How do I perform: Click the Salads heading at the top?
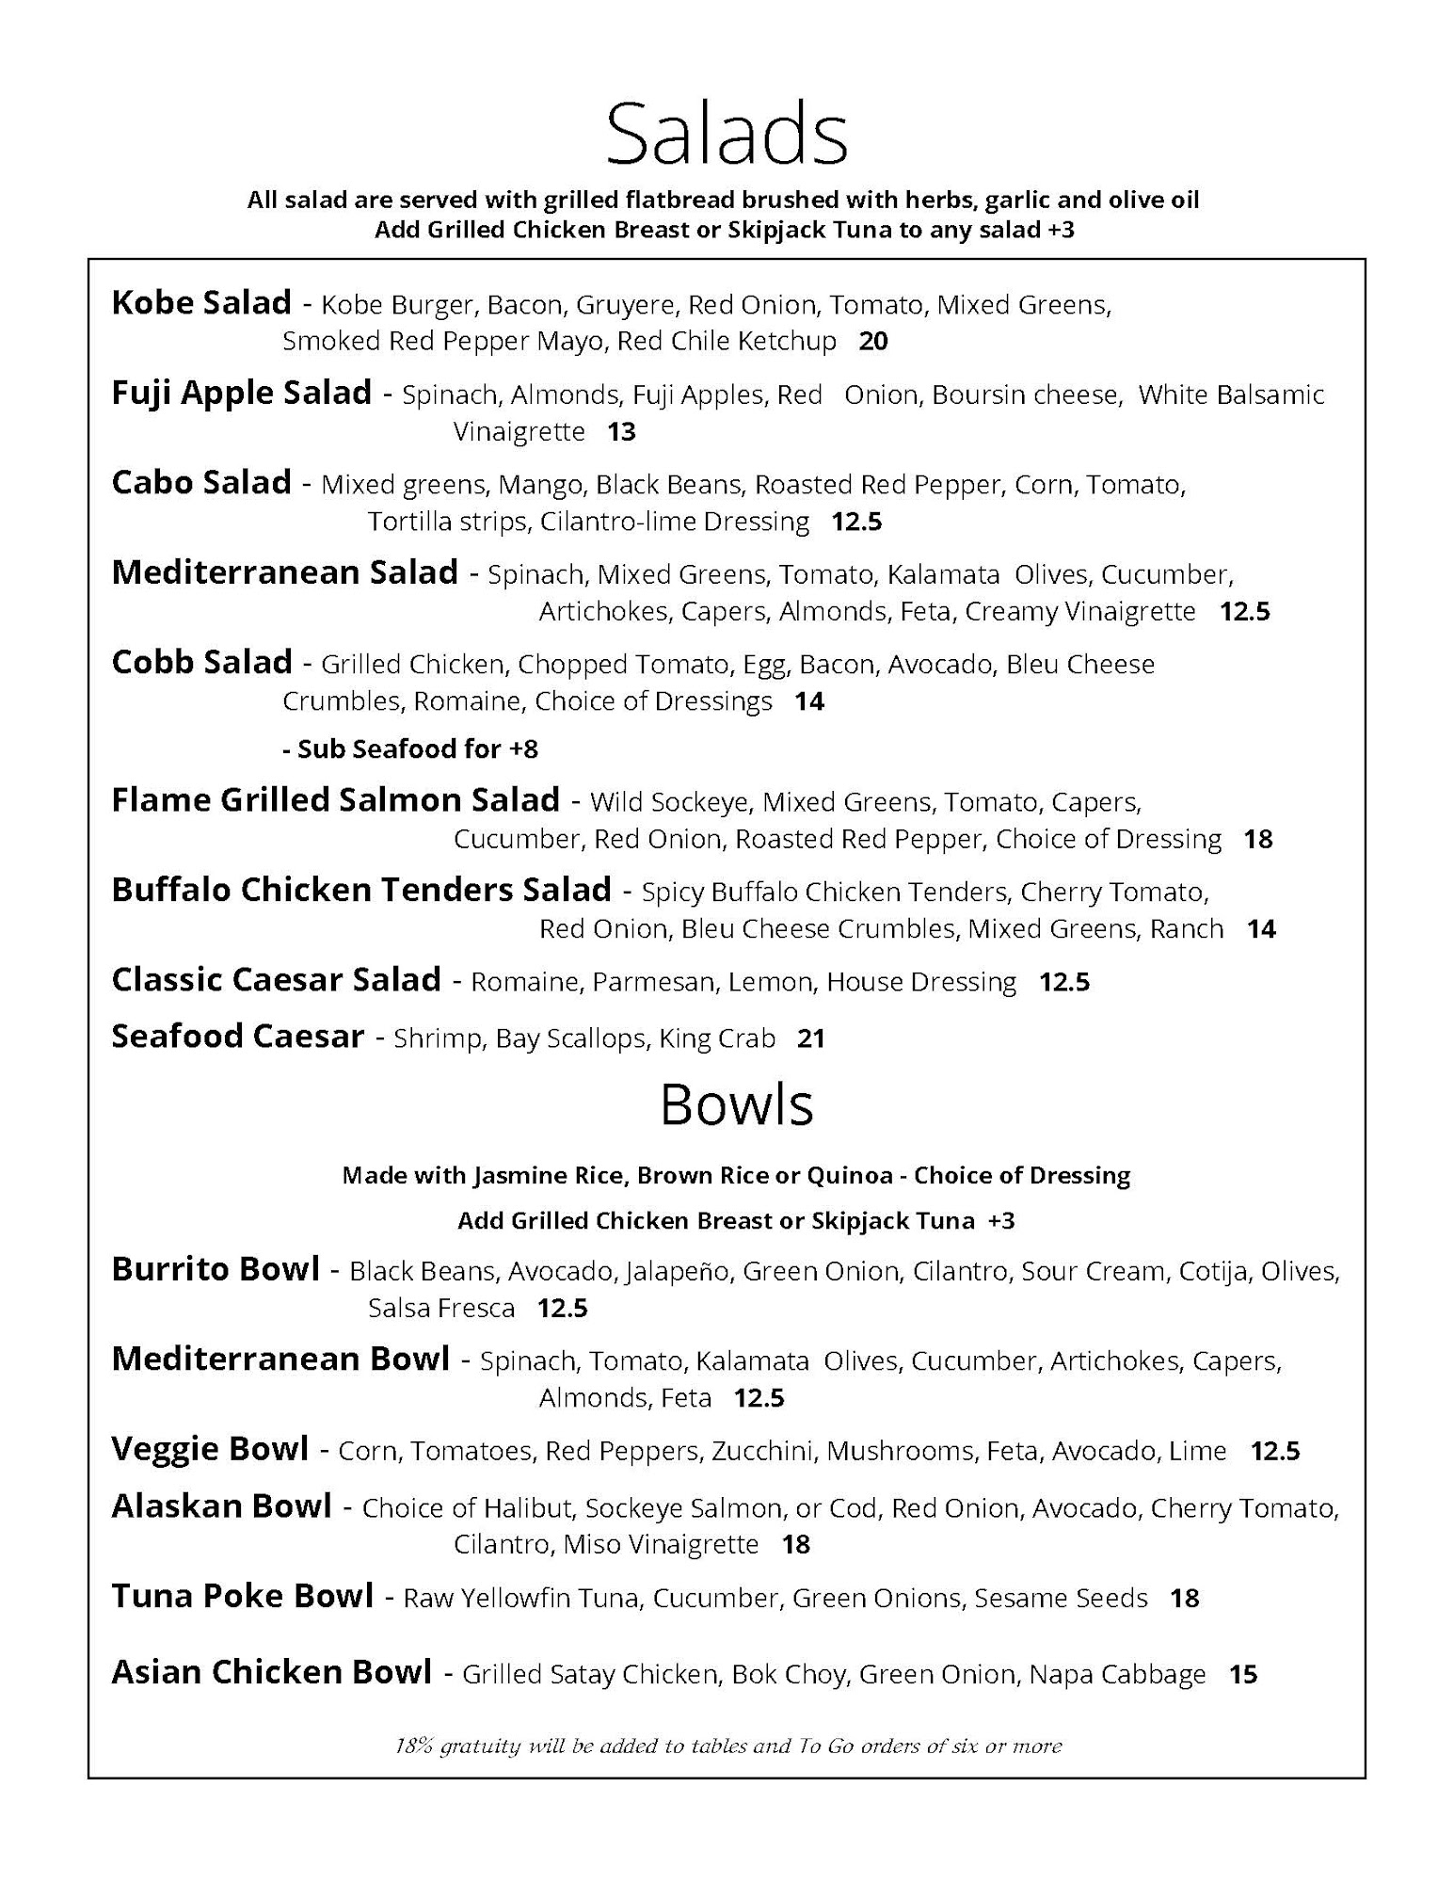click(727, 135)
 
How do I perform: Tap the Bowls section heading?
click(736, 1104)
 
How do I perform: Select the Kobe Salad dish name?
click(201, 303)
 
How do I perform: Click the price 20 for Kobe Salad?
click(872, 341)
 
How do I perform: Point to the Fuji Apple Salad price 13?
click(621, 432)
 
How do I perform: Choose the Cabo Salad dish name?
click(201, 483)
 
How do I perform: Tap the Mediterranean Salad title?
click(284, 572)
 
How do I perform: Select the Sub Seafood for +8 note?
click(410, 749)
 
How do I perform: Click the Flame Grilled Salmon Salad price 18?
click(1257, 839)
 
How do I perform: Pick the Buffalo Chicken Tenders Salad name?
click(361, 890)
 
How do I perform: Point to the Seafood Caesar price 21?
click(810, 1038)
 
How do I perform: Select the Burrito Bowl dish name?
click(216, 1269)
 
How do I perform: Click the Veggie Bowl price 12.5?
click(1274, 1451)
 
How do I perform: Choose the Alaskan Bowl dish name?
click(221, 1506)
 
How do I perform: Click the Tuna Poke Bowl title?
click(243, 1596)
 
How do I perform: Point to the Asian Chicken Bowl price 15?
click(1242, 1675)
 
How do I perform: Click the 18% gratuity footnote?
click(727, 1746)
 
